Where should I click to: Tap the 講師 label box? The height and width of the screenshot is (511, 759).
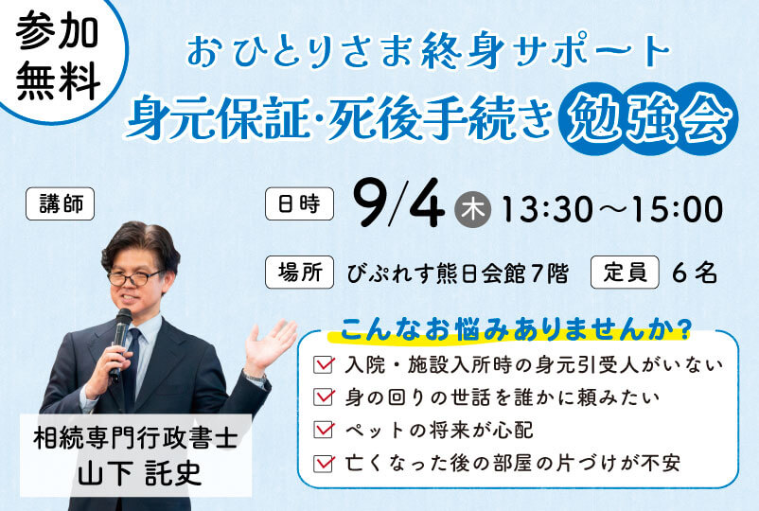60,203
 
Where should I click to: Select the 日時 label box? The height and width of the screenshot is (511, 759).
300,203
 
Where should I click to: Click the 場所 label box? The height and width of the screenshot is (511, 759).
300,273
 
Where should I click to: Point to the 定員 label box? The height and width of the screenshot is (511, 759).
625,273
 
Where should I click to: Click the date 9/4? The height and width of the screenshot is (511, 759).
397,203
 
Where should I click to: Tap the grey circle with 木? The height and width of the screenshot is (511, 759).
472,209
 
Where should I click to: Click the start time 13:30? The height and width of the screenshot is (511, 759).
547,210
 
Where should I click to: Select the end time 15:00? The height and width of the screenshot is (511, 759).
679,210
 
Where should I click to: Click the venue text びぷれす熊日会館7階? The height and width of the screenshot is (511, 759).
457,273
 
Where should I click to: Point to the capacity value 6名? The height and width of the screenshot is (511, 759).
694,273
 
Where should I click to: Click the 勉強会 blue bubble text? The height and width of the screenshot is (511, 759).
647,118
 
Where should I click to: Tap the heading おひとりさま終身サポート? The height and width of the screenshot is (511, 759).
429,51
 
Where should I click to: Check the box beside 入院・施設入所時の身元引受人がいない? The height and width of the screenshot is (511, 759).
324,364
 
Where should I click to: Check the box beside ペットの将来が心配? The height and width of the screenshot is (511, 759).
324,430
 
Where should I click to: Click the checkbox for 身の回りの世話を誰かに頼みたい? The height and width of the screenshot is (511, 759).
324,396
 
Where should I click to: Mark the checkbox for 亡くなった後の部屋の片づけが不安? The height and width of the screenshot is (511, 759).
324,463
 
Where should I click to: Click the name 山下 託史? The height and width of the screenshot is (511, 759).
139,473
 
